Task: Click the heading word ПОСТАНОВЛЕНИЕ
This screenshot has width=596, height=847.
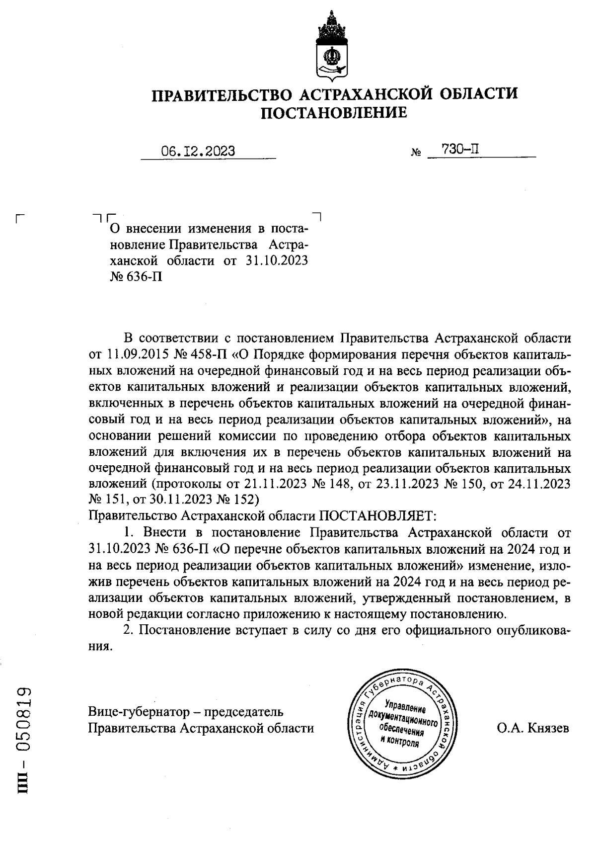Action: (334, 113)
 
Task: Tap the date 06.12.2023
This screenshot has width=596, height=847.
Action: (198, 151)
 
